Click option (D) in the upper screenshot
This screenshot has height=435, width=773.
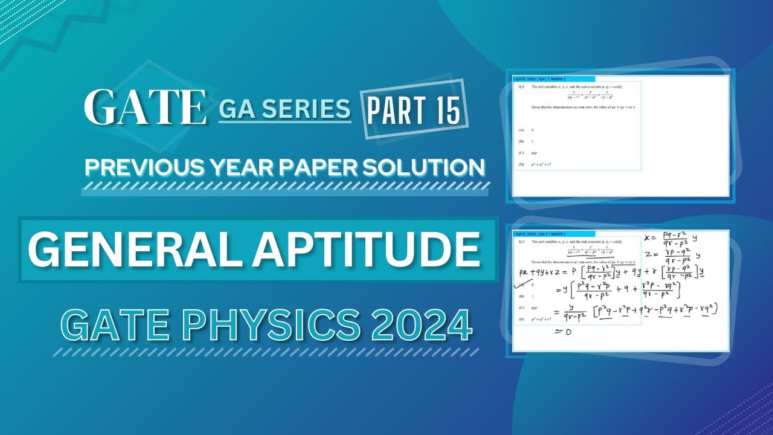pos(521,164)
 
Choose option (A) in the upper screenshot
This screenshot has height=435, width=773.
pos(521,130)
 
